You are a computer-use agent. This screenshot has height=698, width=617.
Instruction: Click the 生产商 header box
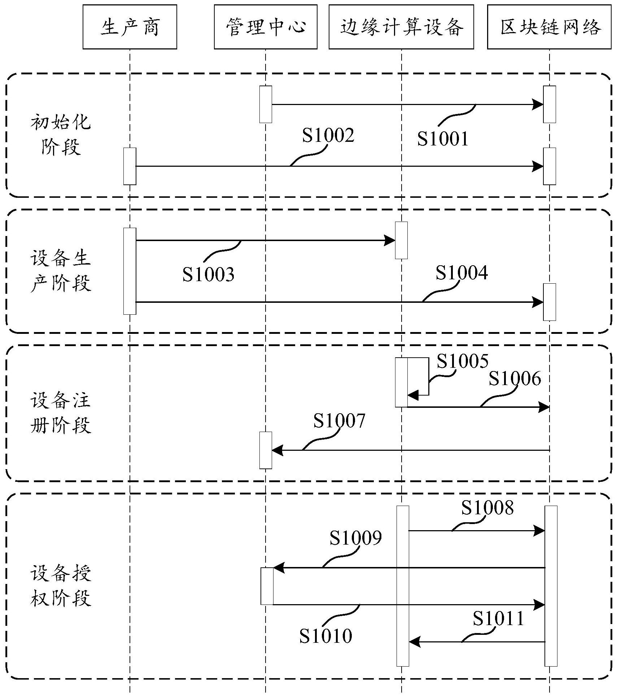tap(130, 27)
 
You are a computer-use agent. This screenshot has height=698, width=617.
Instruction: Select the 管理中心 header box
tap(265, 27)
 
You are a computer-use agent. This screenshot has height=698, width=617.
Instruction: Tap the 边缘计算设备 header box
tap(401, 27)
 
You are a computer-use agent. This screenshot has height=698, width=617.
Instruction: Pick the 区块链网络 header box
tap(549, 27)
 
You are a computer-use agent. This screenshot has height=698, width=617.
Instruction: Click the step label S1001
tap(442, 139)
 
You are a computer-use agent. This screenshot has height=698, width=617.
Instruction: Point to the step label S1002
tap(328, 135)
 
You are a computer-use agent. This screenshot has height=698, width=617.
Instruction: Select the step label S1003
tap(208, 274)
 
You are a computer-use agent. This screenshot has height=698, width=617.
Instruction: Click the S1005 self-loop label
tap(462, 361)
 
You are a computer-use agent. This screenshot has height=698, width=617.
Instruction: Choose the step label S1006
tap(515, 379)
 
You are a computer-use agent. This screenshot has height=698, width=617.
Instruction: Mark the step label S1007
tap(339, 421)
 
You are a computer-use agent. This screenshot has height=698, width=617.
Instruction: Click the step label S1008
tap(487, 508)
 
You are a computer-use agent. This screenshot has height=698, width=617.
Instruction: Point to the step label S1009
tap(355, 538)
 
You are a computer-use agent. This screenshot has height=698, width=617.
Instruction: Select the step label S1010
tap(325, 636)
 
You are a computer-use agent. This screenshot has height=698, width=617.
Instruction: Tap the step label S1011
tap(498, 619)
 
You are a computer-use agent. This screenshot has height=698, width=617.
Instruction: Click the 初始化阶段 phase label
tap(60, 135)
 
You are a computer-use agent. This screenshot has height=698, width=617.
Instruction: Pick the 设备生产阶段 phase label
tap(60, 271)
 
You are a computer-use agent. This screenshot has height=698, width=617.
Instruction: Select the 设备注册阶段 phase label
tap(60, 413)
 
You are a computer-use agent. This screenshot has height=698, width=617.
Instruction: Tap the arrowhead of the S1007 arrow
tap(277, 450)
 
